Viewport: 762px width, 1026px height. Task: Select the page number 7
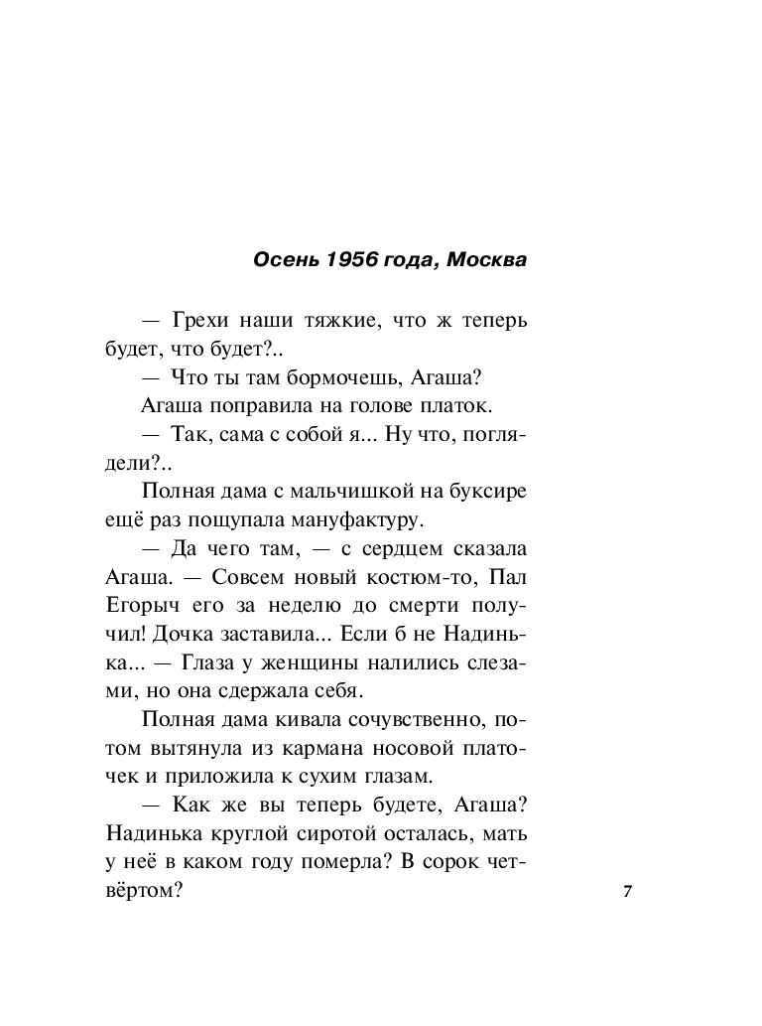coord(627,891)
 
